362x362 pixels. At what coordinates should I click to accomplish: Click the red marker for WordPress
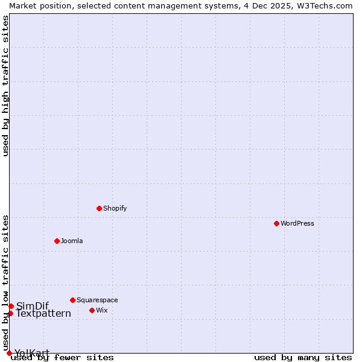pyautogui.click(x=276, y=223)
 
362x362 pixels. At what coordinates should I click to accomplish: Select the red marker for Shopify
pyautogui.click(x=99, y=208)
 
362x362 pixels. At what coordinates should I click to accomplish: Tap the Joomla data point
pyautogui.click(x=57, y=241)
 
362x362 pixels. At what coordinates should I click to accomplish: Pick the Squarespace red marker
pyautogui.click(x=72, y=300)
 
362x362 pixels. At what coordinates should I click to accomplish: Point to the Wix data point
pyautogui.click(x=92, y=310)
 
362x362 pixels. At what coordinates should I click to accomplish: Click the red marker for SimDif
pyautogui.click(x=11, y=306)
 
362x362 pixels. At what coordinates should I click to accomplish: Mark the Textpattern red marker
pyautogui.click(x=10, y=313)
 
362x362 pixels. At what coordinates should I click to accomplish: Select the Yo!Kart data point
pyautogui.click(x=9, y=353)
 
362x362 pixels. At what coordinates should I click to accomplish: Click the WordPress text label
pyautogui.click(x=297, y=223)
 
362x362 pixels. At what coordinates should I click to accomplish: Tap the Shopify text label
pyautogui.click(x=115, y=208)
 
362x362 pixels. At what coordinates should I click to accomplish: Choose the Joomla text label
pyautogui.click(x=72, y=241)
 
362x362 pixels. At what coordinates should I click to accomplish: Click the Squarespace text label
pyautogui.click(x=97, y=300)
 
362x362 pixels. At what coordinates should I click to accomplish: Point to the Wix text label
pyautogui.click(x=101, y=310)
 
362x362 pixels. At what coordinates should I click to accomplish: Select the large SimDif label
pyautogui.click(x=33, y=306)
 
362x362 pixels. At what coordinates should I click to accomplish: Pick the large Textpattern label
pyautogui.click(x=43, y=314)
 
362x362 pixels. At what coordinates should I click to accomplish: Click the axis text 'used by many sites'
pyautogui.click(x=303, y=357)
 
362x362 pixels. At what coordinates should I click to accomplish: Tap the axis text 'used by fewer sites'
pyautogui.click(x=62, y=357)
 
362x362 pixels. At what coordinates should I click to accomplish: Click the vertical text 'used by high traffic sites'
pyautogui.click(x=5, y=86)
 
